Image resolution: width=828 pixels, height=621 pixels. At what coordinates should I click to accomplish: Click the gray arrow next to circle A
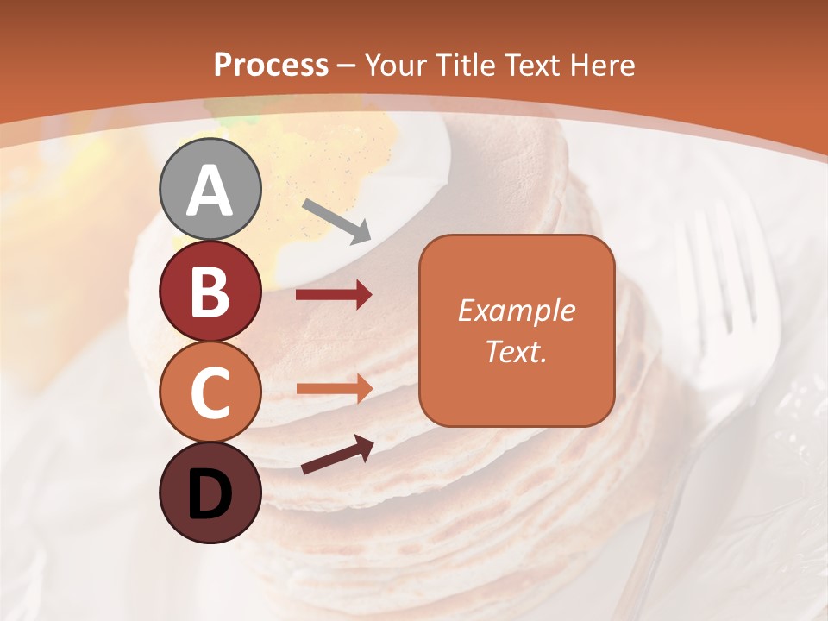tap(336, 221)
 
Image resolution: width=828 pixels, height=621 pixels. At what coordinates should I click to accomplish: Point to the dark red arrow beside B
tap(334, 295)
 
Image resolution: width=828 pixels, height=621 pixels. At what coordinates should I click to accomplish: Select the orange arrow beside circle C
tap(334, 388)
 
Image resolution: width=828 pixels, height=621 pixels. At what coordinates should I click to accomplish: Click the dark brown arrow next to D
tap(337, 455)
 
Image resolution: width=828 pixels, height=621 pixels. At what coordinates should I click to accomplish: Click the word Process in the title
tap(271, 65)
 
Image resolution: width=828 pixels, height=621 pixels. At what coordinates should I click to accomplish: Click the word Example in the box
tap(516, 310)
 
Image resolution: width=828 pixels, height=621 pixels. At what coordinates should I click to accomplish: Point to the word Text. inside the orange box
tap(516, 351)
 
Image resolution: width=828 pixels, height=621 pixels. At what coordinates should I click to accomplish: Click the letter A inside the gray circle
tap(210, 191)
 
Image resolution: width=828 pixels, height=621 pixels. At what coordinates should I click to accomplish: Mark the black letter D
tap(210, 495)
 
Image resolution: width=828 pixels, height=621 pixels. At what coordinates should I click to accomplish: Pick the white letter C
tap(210, 393)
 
